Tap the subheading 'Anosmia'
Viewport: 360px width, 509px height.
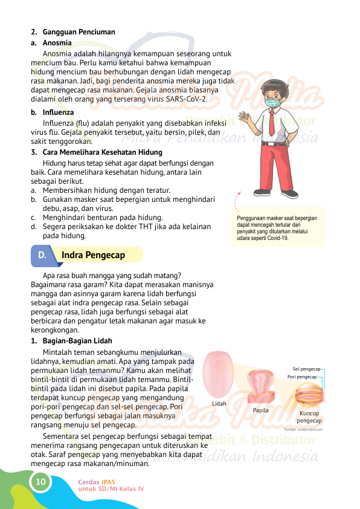click(57, 43)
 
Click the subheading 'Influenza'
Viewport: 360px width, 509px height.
click(58, 112)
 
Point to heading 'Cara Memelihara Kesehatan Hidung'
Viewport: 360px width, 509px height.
click(102, 152)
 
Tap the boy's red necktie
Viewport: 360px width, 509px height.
click(271, 122)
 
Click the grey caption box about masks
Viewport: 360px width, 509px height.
click(278, 227)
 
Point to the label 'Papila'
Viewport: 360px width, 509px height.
click(261, 410)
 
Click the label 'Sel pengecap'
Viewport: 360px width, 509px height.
click(306, 368)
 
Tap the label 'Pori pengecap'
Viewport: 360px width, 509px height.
click(303, 377)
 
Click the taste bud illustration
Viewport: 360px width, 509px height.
click(308, 396)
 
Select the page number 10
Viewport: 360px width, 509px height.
click(40, 482)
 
